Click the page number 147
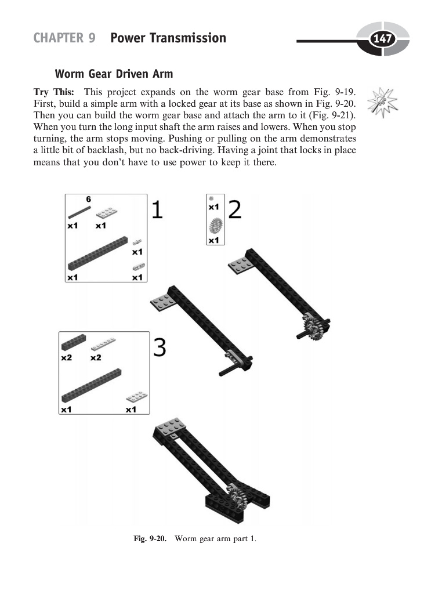[382, 39]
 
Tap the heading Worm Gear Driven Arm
[114, 74]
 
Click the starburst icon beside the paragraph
[385, 102]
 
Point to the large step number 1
[157, 209]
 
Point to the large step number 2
[234, 209]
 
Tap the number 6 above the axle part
[89, 200]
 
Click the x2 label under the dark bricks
[66, 357]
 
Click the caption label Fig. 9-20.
[150, 539]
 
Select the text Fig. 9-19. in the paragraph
[335, 92]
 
